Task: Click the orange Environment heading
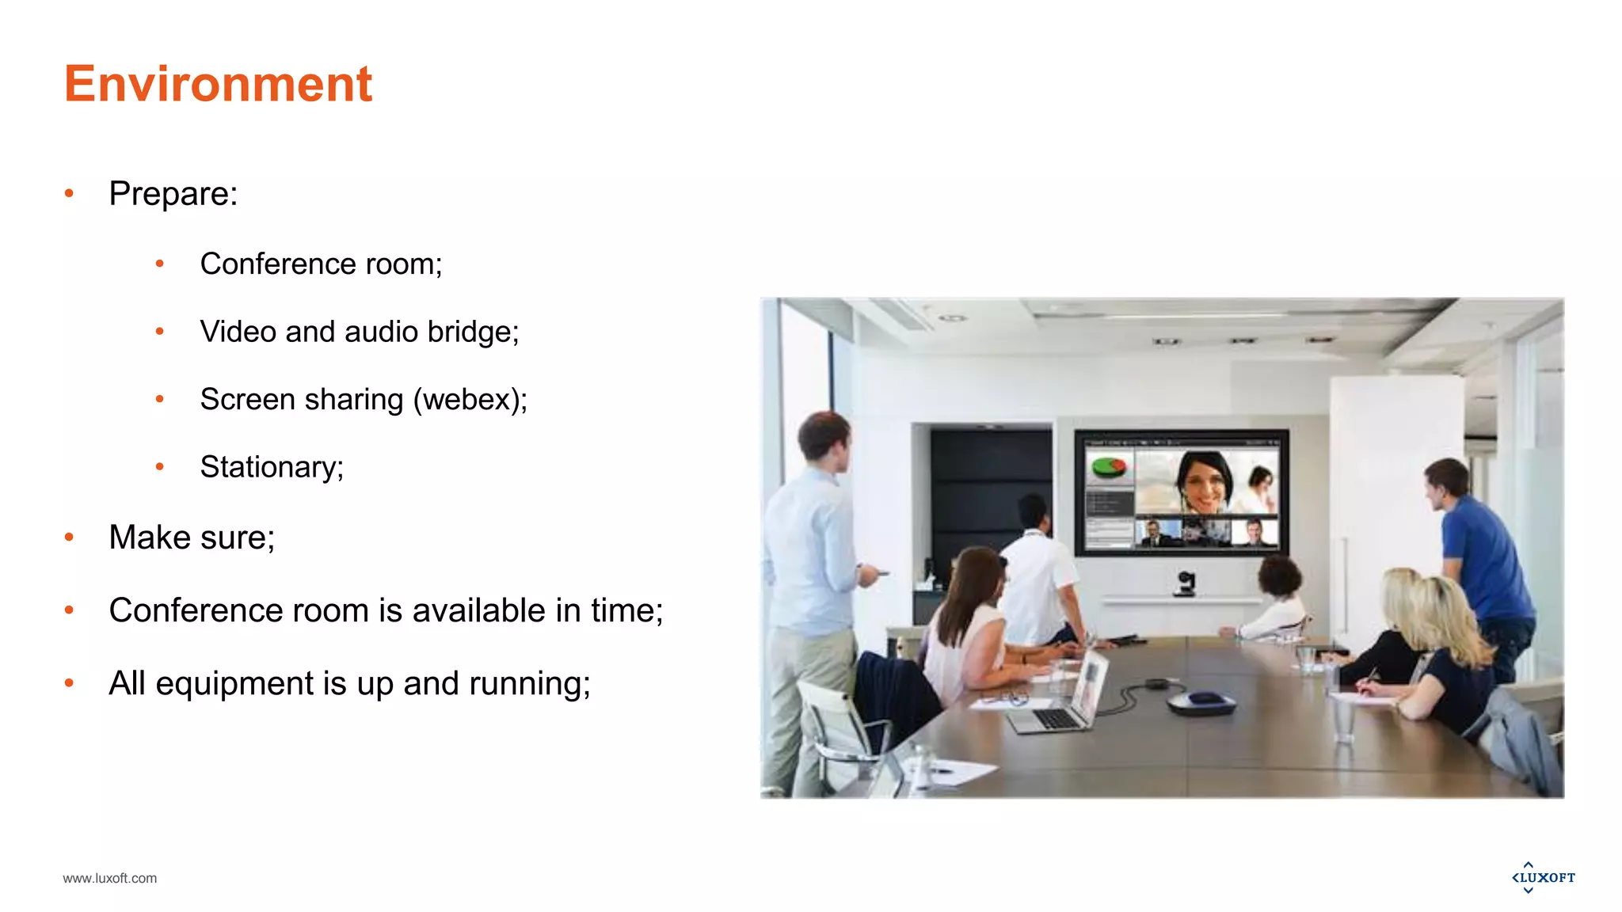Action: (218, 84)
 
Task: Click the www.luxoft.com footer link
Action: (110, 878)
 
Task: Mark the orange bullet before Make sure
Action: (70, 538)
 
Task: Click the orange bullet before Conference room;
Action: (160, 264)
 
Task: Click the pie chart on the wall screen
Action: (1109, 468)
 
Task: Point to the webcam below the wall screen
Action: (1185, 583)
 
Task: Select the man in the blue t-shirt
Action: (1478, 554)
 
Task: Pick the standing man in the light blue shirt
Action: (816, 554)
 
